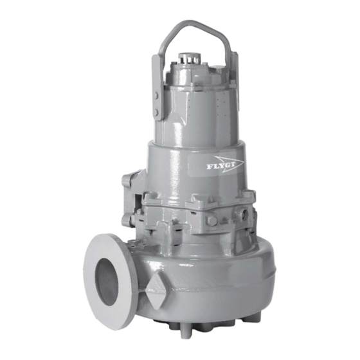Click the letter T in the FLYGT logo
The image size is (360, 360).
coord(234,163)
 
